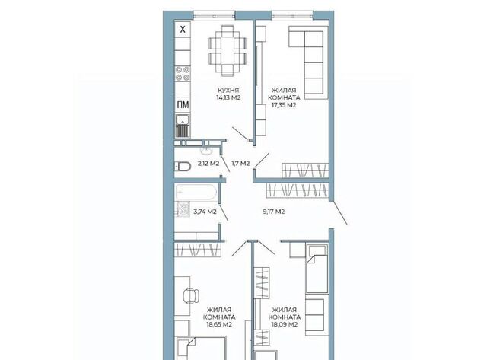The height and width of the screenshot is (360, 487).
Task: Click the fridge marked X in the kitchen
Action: click(x=183, y=29)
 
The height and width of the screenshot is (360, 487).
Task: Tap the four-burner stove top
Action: click(x=183, y=74)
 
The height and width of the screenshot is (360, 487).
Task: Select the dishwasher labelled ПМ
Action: click(x=183, y=105)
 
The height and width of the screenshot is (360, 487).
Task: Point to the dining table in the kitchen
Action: click(x=228, y=51)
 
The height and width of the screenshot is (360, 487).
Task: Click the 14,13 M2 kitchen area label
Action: click(x=228, y=97)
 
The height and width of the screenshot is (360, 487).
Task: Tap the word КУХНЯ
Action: click(x=228, y=91)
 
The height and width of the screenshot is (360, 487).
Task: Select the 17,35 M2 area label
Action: click(x=284, y=105)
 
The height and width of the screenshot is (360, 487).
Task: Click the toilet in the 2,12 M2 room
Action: click(x=183, y=167)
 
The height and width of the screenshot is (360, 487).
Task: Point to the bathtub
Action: click(x=196, y=193)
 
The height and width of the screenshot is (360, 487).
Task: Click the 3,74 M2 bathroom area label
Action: click(x=205, y=212)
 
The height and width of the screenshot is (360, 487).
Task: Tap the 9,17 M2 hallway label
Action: click(x=274, y=212)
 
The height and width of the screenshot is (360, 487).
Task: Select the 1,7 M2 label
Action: click(x=240, y=164)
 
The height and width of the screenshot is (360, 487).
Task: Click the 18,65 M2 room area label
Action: click(x=219, y=324)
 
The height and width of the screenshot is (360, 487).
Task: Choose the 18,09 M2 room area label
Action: click(x=285, y=324)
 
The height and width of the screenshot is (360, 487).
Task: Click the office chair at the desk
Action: click(x=191, y=296)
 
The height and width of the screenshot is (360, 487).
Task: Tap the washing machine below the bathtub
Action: click(x=183, y=209)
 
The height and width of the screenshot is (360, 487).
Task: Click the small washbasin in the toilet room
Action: click(x=206, y=151)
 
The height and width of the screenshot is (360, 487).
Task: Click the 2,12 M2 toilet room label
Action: click(x=208, y=164)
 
